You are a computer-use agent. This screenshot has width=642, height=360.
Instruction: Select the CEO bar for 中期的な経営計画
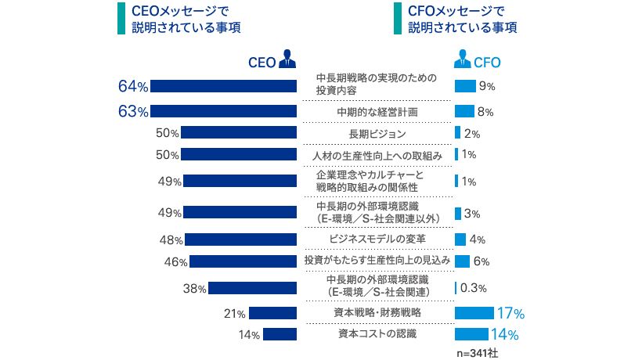tap(223, 111)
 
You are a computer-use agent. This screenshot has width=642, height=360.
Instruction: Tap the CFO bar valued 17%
tap(473, 313)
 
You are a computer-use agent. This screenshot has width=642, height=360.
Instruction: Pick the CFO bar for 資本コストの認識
tap(470, 334)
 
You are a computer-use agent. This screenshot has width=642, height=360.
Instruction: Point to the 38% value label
tap(194, 288)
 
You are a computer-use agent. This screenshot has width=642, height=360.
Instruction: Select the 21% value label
tap(236, 314)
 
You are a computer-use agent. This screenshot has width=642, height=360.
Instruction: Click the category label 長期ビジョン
tap(377, 133)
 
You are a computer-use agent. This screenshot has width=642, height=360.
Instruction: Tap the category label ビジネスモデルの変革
tap(377, 239)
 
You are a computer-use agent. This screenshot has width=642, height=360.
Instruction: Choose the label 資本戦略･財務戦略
tap(377, 312)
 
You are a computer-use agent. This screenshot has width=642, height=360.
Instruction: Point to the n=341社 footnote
tap(476, 353)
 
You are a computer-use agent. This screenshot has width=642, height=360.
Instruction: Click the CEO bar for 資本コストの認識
tap(280, 334)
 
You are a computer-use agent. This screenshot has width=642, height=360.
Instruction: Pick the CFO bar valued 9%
tap(465, 86)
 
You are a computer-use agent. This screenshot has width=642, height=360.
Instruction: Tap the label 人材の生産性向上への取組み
tap(377, 155)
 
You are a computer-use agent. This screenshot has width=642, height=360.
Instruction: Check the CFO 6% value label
tap(481, 261)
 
